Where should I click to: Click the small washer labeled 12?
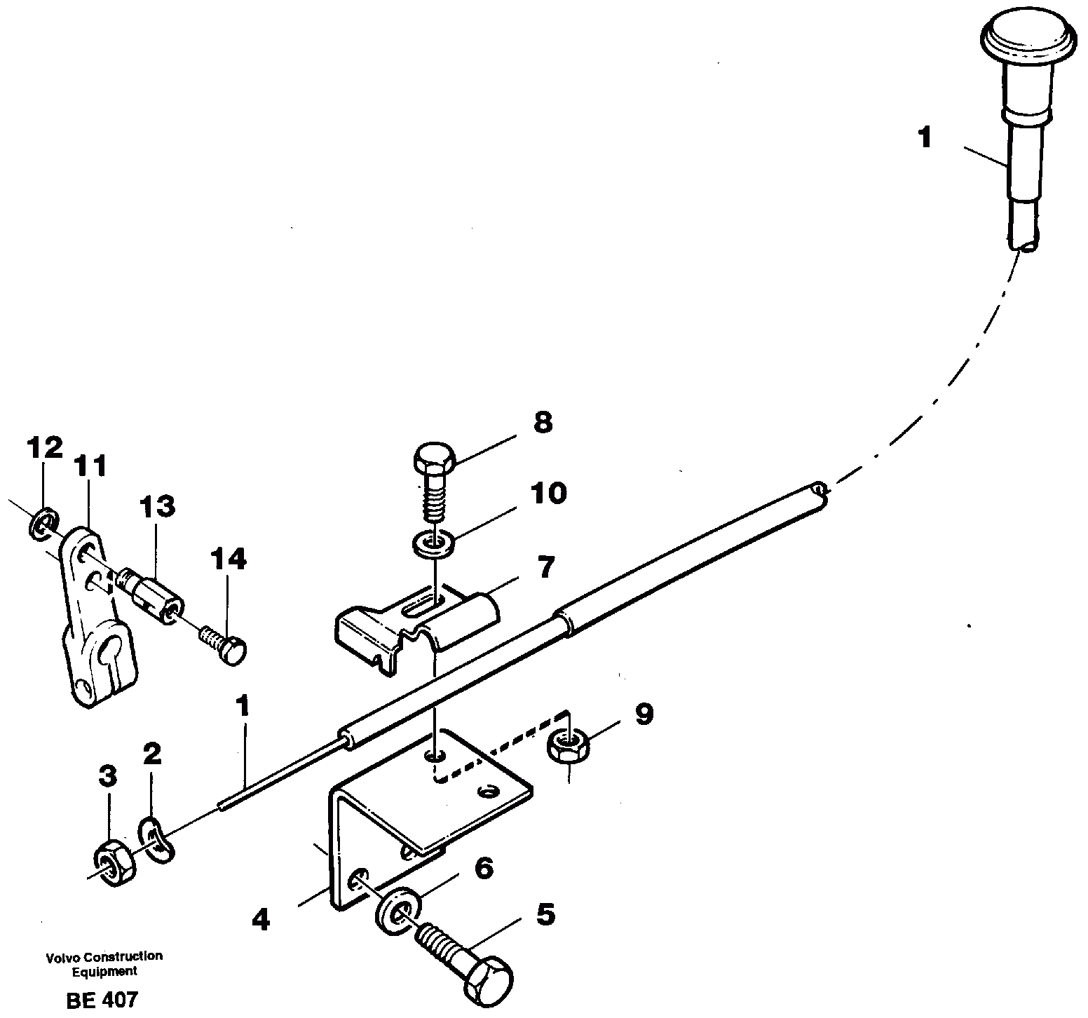44,522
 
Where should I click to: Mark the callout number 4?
260,920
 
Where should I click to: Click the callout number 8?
542,423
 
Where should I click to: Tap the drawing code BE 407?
102,999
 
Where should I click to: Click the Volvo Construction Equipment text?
104,963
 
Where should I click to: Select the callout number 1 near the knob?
925,137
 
